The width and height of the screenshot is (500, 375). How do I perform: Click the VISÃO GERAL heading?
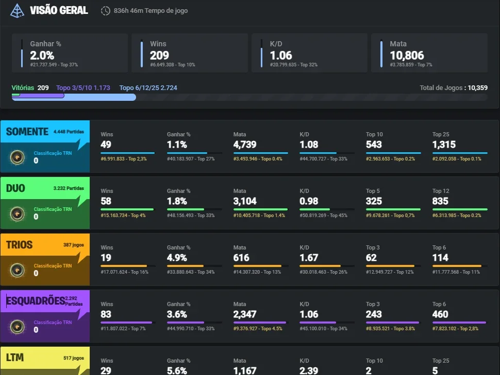click(x=59, y=10)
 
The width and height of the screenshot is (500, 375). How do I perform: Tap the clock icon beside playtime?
click(x=105, y=11)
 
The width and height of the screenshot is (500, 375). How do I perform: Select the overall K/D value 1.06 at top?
click(x=281, y=56)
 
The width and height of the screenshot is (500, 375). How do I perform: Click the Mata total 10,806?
click(x=407, y=56)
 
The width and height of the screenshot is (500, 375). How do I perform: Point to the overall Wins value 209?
click(x=159, y=56)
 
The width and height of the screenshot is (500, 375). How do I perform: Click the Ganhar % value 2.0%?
click(x=42, y=56)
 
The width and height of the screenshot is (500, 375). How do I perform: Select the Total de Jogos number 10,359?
click(x=477, y=88)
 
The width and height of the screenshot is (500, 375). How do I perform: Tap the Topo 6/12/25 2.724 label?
click(x=148, y=88)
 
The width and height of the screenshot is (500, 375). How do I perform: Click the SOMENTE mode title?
click(x=27, y=132)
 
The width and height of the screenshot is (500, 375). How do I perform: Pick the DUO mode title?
click(x=15, y=188)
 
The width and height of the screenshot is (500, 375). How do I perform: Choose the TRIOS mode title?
click(x=19, y=245)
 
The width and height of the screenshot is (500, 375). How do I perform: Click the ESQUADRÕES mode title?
click(x=36, y=300)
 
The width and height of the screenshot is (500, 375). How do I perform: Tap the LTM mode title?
click(x=15, y=358)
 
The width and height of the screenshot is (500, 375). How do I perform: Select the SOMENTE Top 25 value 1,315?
click(x=444, y=145)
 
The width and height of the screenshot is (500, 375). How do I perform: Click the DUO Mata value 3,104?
click(x=245, y=201)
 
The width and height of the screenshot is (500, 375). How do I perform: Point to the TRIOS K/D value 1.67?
click(x=309, y=258)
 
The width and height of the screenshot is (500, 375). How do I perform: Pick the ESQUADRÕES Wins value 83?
click(x=106, y=314)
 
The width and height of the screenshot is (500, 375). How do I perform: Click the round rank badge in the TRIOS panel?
click(x=17, y=270)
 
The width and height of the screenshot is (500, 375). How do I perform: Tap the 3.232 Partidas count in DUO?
click(x=69, y=188)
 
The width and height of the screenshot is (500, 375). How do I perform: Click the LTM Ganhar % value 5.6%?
click(x=177, y=370)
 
